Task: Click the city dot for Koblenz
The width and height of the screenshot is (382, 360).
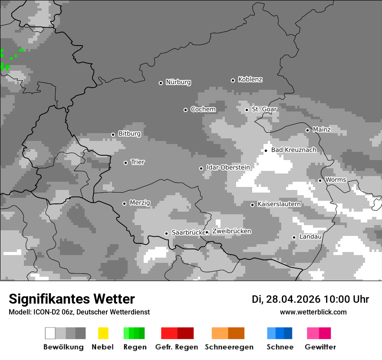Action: [x=233, y=80]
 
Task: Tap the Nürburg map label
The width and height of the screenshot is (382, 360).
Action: [x=178, y=82]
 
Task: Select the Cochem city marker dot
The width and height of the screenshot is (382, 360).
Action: [x=186, y=110]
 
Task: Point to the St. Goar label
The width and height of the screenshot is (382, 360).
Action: [x=264, y=109]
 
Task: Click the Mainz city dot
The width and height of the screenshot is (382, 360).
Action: [x=308, y=130]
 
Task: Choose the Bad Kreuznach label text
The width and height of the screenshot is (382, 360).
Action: [x=293, y=150]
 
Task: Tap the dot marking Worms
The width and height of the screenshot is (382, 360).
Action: [x=320, y=180]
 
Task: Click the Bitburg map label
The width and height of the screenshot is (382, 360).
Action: [x=129, y=134]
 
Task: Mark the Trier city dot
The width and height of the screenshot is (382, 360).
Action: [x=126, y=163]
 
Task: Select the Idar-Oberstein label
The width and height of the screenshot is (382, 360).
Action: [x=228, y=168]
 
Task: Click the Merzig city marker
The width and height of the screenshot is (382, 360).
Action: [x=125, y=203]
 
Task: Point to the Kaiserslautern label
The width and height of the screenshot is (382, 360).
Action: [x=279, y=204]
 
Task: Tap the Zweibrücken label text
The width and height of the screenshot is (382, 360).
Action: [x=231, y=232]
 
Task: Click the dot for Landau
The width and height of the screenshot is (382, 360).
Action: [x=294, y=237]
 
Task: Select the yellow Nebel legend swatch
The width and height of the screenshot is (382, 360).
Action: [x=103, y=333]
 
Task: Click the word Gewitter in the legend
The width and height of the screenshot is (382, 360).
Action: [x=320, y=347]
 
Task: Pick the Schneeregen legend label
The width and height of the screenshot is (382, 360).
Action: [x=229, y=347]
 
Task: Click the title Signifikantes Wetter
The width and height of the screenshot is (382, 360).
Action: [x=72, y=299]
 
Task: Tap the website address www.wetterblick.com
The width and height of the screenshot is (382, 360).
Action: [x=313, y=312]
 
